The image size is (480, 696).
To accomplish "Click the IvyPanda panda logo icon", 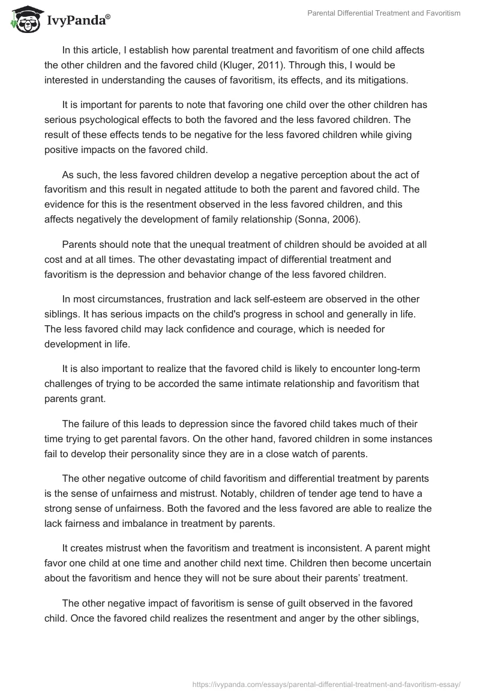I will coord(24,19).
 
